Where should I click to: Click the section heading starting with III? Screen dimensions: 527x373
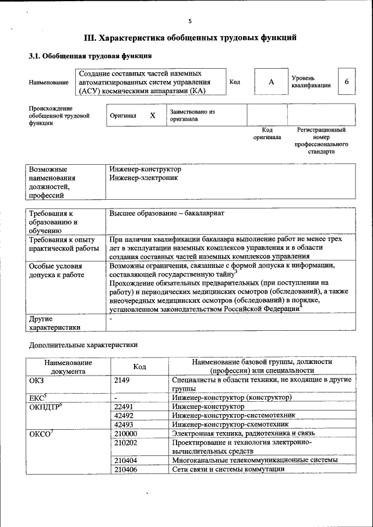pyautogui.click(x=191, y=38)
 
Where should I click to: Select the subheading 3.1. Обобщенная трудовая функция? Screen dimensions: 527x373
pyautogui.click(x=90, y=56)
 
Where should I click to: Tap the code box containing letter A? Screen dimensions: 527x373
pyautogui.click(x=271, y=82)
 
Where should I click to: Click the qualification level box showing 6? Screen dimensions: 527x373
pyautogui.click(x=347, y=82)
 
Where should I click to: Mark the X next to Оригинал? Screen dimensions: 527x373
pyautogui.click(x=153, y=115)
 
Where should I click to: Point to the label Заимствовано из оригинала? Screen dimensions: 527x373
pyautogui.click(x=192, y=115)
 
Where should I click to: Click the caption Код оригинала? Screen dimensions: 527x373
pyautogui.click(x=267, y=134)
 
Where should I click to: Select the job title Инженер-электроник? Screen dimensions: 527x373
pyautogui.click(x=143, y=178)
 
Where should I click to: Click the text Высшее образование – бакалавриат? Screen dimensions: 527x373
pyautogui.click(x=167, y=213)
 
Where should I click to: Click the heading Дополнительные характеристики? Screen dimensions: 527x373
pyautogui.click(x=83, y=345)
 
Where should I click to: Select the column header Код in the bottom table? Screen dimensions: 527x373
pyautogui.click(x=139, y=366)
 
